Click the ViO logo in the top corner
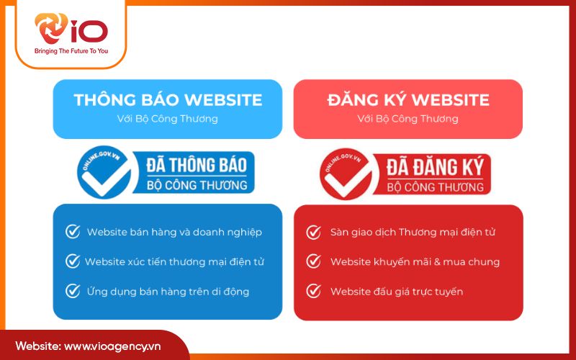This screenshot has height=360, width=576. pos(70,30)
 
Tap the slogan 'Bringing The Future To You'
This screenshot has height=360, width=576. pos(71,52)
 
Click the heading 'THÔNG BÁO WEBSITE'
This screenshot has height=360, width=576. pos(167,100)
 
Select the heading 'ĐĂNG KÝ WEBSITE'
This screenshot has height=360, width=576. pos(408,100)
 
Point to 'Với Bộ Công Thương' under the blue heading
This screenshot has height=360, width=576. pos(167,118)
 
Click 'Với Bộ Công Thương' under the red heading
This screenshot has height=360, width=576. pos(408,118)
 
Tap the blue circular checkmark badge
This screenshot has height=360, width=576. pos(102,173)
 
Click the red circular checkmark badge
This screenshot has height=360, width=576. pos(343,173)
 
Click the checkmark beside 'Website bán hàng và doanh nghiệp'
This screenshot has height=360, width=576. pos(72,232)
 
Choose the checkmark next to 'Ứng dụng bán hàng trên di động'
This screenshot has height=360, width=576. pos(72,291)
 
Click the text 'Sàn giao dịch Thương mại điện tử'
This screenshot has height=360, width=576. pos(413,232)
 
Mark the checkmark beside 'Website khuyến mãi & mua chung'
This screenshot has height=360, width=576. pos(313,261)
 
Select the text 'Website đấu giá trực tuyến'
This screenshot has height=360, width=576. pos(396,291)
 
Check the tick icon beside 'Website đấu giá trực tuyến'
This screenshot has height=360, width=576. pos(313,291)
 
